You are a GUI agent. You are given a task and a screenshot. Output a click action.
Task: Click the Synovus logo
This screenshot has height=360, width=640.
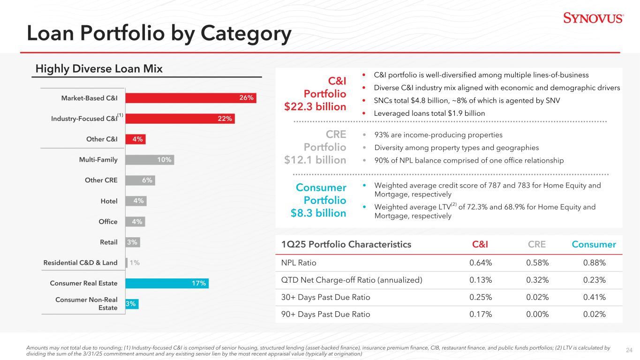click(x=593, y=18)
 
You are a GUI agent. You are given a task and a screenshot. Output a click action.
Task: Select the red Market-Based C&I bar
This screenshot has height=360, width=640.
click(x=190, y=97)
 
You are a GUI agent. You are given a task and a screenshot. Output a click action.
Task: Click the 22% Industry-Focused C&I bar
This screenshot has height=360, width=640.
click(x=180, y=119)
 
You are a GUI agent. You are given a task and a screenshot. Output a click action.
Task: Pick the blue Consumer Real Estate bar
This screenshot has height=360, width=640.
click(x=166, y=283)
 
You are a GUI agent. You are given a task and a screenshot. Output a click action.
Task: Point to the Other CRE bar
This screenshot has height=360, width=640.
click(x=140, y=180)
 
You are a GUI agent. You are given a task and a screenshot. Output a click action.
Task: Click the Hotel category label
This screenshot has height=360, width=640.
click(x=109, y=201)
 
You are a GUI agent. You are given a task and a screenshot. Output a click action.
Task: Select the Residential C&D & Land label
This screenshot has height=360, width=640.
click(x=80, y=263)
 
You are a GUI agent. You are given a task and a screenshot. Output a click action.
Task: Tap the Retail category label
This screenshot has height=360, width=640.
click(x=108, y=242)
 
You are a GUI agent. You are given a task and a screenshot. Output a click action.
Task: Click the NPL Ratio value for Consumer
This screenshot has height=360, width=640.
click(x=594, y=263)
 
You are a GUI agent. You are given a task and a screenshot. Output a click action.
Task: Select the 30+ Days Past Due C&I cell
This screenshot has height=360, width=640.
click(x=481, y=297)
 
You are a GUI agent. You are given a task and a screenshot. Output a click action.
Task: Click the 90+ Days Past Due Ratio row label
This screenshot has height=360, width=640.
click(x=322, y=315)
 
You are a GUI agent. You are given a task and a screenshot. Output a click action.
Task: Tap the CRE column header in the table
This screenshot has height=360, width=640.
click(x=537, y=244)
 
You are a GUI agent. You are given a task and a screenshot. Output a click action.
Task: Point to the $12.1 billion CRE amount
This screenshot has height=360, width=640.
click(x=315, y=160)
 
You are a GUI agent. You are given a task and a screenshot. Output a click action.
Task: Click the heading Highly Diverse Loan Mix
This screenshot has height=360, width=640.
click(x=99, y=69)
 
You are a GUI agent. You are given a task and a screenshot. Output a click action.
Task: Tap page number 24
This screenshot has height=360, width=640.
click(x=629, y=349)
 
